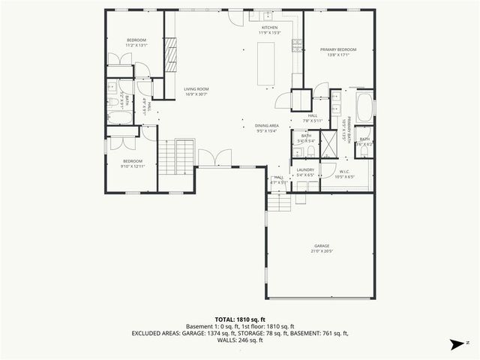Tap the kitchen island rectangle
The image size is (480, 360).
(266, 64)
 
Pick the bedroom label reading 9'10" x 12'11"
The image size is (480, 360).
(133, 163)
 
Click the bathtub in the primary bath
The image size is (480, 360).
(364, 108)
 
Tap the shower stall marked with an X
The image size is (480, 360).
(328, 146)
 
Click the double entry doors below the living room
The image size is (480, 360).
(208, 159)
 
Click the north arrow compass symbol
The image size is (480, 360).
(454, 345)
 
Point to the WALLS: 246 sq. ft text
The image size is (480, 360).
(240, 340)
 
